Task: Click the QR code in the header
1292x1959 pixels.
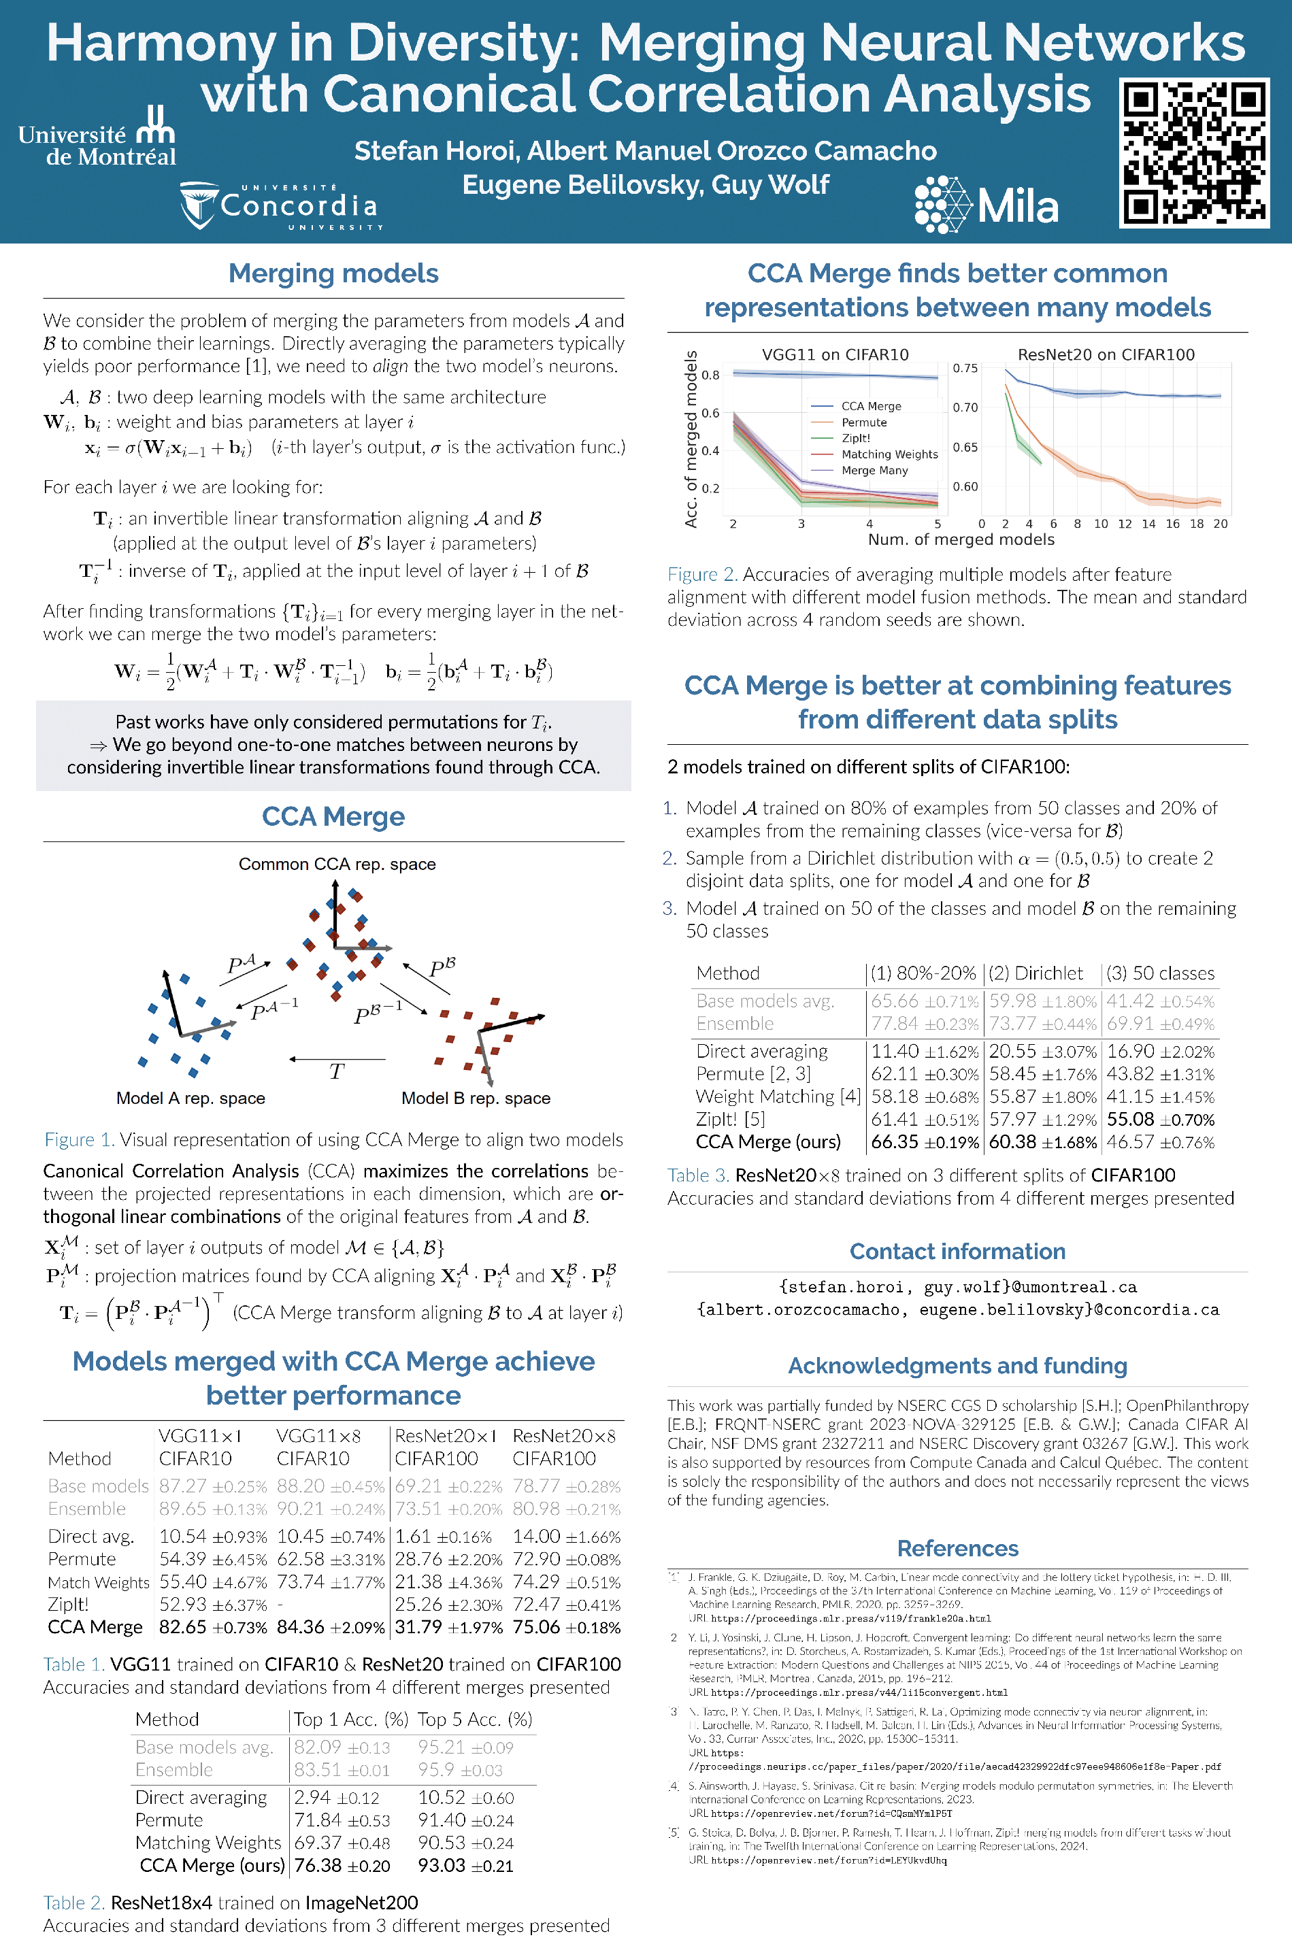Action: pyautogui.click(x=1193, y=153)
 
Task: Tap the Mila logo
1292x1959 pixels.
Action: pyautogui.click(x=987, y=204)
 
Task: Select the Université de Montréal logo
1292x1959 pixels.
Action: pyautogui.click(x=97, y=137)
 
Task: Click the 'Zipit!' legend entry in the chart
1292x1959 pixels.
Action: pyautogui.click(x=855, y=438)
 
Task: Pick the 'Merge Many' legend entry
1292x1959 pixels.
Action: pyautogui.click(x=874, y=471)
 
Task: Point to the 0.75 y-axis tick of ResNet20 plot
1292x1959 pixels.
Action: pyautogui.click(x=965, y=368)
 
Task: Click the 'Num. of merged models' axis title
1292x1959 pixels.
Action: pyautogui.click(x=961, y=539)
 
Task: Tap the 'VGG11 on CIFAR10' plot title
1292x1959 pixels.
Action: pyautogui.click(x=835, y=354)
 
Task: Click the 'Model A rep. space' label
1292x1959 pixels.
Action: pyautogui.click(x=191, y=1098)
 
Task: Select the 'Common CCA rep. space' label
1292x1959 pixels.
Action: pyautogui.click(x=337, y=864)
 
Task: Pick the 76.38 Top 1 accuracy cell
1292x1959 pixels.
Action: pyautogui.click(x=317, y=1865)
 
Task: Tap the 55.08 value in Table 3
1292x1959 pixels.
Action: pyautogui.click(x=1131, y=1120)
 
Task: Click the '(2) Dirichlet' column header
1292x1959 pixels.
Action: pyautogui.click(x=1036, y=973)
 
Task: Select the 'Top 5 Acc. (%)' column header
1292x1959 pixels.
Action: pyautogui.click(x=475, y=1720)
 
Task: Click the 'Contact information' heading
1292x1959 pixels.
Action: pyautogui.click(x=957, y=1252)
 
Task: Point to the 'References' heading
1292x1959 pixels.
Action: pyautogui.click(x=957, y=1548)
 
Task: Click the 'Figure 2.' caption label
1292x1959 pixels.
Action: pyautogui.click(x=702, y=574)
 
